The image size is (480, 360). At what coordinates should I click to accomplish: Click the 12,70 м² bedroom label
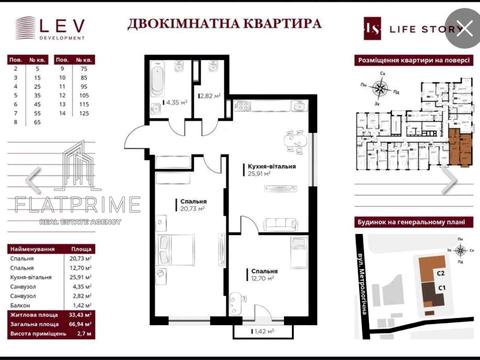pos(265,275)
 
